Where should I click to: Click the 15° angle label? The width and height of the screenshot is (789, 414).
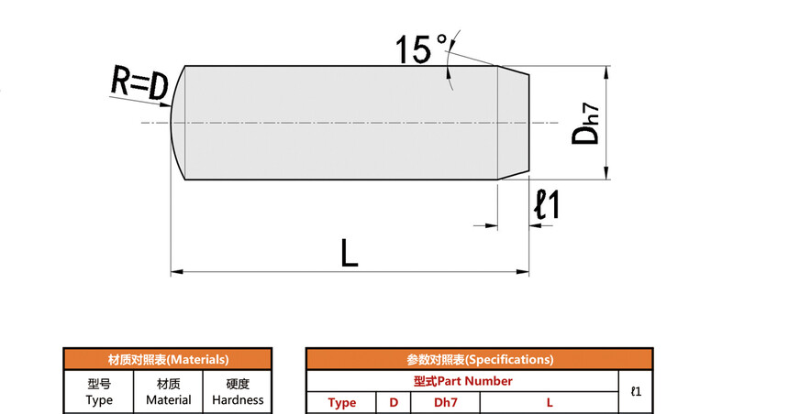[x=421, y=49]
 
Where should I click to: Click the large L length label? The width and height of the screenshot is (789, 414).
[x=349, y=252]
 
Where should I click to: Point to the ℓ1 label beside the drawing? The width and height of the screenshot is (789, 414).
[x=547, y=204]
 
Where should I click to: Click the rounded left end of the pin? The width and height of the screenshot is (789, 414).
[x=177, y=123]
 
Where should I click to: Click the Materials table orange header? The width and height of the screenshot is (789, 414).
[x=168, y=360]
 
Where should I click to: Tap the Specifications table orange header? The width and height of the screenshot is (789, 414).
[x=479, y=360]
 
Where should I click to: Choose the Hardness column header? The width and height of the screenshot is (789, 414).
[x=238, y=392]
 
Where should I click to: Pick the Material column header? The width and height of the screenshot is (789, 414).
[x=169, y=392]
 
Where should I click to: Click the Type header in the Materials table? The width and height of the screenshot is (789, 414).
[x=99, y=392]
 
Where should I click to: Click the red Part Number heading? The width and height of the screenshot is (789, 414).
[x=462, y=381]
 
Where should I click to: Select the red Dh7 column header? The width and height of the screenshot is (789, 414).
[x=446, y=403]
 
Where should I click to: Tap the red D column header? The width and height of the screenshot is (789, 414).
[x=394, y=403]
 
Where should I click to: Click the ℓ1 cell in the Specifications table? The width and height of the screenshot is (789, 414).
[x=636, y=392]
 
